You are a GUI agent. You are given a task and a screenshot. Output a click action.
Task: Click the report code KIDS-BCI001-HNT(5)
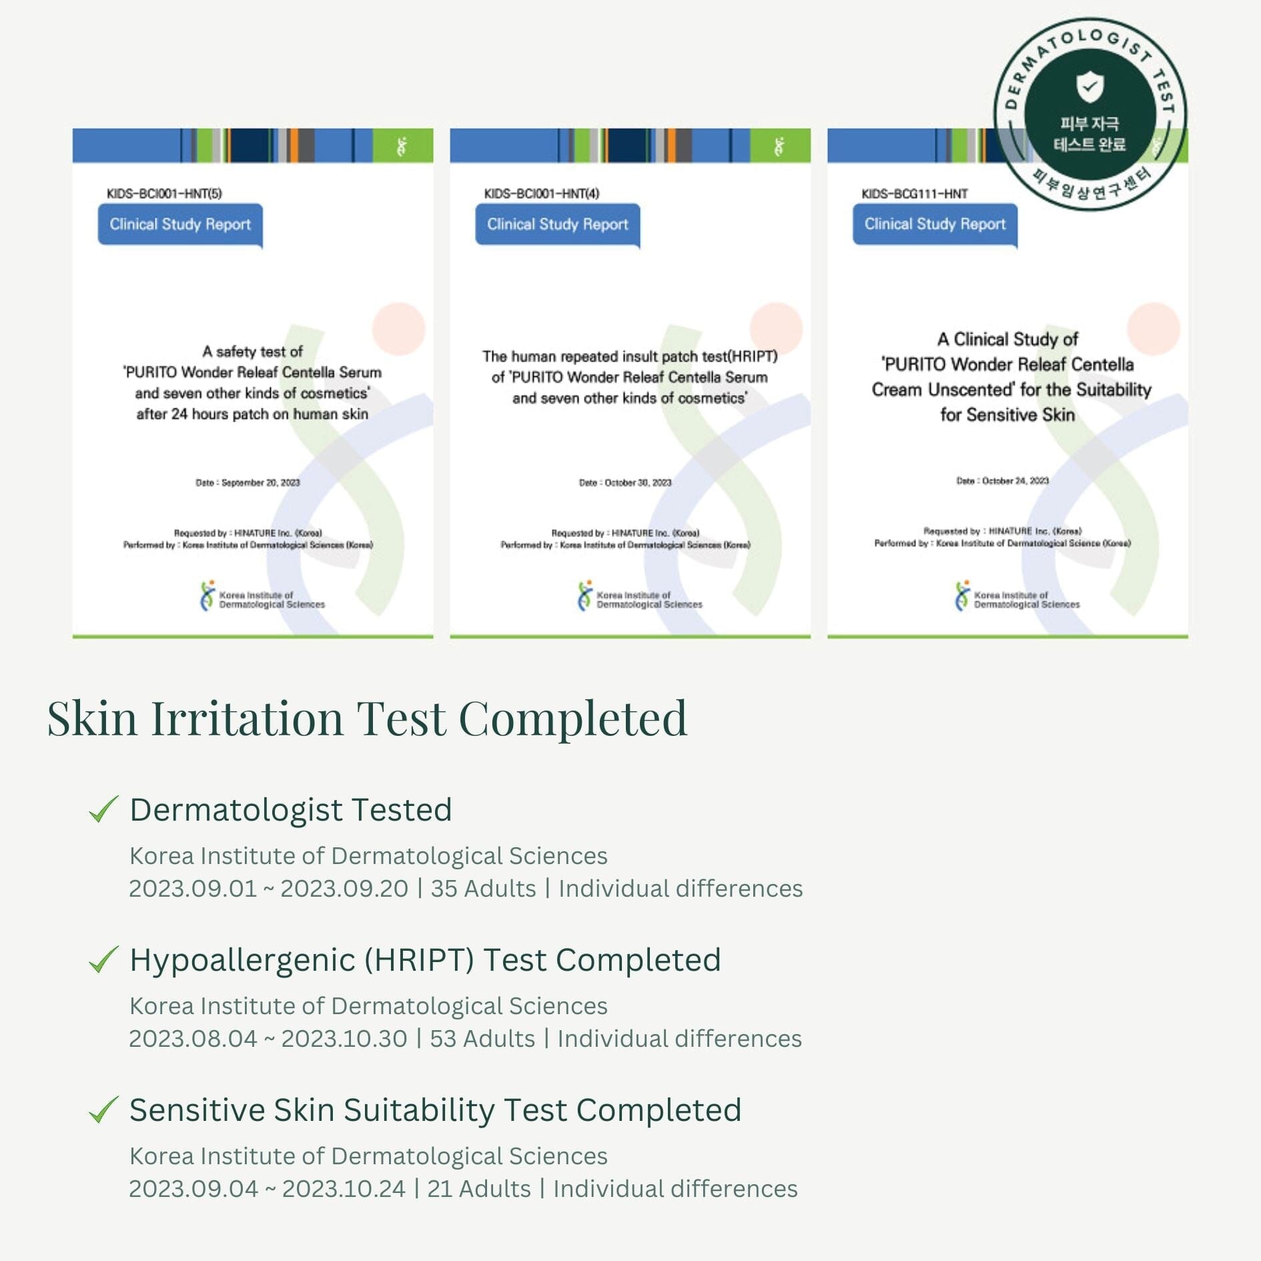[x=164, y=193]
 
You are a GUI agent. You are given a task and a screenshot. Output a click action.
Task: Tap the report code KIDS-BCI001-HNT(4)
[x=541, y=193]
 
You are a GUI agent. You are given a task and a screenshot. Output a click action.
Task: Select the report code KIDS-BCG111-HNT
[x=914, y=193]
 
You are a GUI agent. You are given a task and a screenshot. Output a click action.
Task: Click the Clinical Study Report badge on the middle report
[x=557, y=224]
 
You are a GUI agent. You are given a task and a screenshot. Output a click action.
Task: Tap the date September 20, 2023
[x=260, y=482]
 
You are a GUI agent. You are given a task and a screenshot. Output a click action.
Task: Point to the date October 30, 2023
[x=637, y=482]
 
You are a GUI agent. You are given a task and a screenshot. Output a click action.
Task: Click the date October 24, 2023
[x=1015, y=480]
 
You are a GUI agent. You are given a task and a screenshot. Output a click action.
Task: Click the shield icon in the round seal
[x=1090, y=87]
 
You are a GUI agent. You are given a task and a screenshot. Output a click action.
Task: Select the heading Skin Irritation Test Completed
[x=367, y=719]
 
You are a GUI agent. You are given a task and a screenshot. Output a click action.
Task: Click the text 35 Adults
[x=483, y=889]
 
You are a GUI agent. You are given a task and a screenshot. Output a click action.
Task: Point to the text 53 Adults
[x=482, y=1039]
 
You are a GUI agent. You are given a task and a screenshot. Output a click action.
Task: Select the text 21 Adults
[x=478, y=1189]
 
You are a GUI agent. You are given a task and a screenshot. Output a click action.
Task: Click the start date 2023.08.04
[x=193, y=1039]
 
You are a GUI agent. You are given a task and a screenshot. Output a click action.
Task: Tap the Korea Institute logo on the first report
[x=207, y=596]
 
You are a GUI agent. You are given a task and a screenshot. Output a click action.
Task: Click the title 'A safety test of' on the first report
[x=252, y=352]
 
